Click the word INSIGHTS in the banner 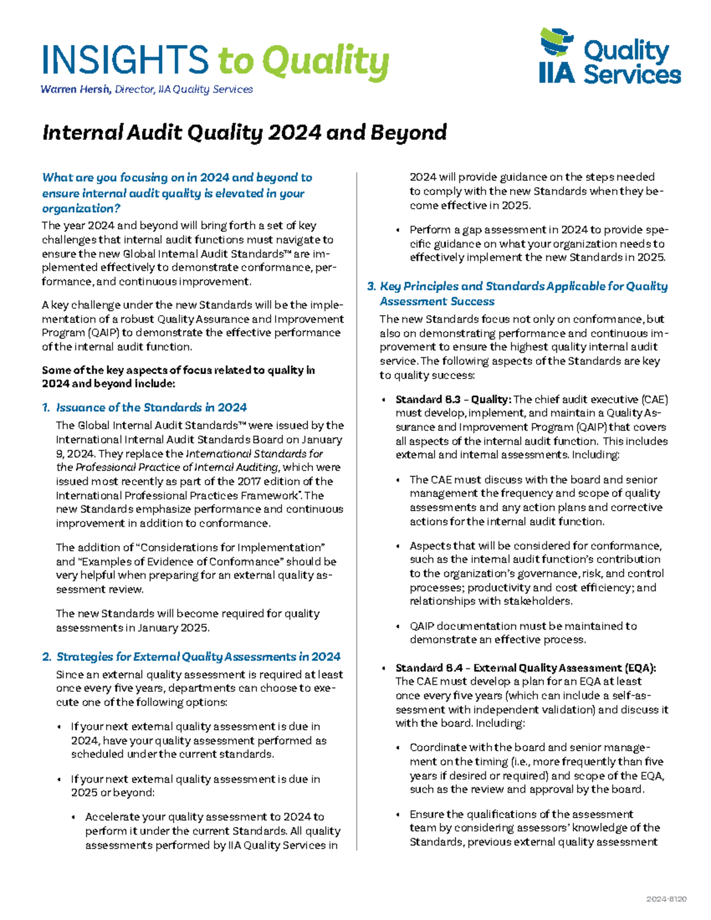pos(125,60)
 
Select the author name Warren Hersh pos(75,89)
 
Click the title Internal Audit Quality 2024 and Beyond pos(244,132)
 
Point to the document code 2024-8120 pos(667,899)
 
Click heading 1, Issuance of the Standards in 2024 pos(151,408)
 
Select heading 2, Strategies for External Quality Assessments pos(198,657)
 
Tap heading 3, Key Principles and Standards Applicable pos(523,287)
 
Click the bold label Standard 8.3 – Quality pos(453,399)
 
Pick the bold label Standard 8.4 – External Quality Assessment pos(526,668)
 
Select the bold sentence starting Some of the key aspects pos(178,377)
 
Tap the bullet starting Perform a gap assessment pos(537,243)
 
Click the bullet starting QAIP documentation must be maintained pos(523,633)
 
